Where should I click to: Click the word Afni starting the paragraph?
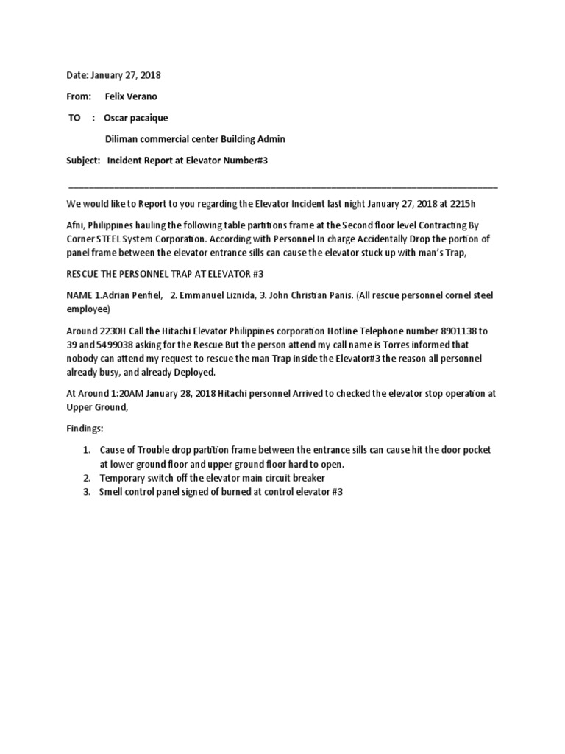tap(77, 225)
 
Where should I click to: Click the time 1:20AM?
tap(127, 393)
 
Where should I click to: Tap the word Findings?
tap(88, 428)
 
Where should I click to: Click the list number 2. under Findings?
tap(86, 478)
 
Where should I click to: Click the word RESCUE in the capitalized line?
tap(85, 274)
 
